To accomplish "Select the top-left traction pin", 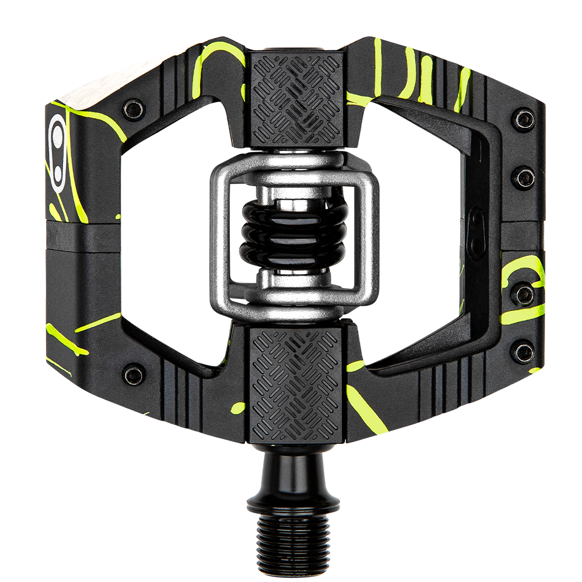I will point(133,109).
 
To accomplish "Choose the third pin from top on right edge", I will point(524,295).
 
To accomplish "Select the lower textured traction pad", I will point(295,378).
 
